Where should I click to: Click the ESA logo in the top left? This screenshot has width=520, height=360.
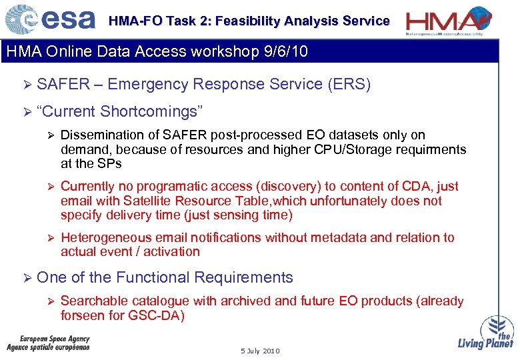point(50,19)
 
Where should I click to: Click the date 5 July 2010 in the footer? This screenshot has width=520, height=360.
point(260,351)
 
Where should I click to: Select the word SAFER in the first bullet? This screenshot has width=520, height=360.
point(63,84)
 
